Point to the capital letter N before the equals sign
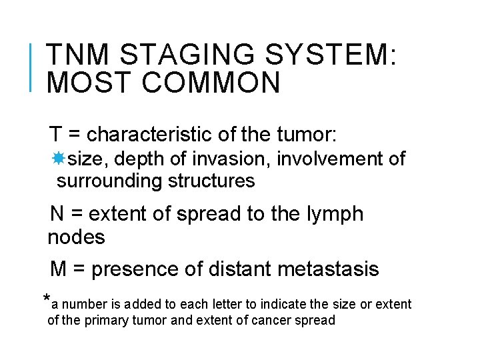click(58, 215)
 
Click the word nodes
click(76, 237)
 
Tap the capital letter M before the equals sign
click(59, 269)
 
